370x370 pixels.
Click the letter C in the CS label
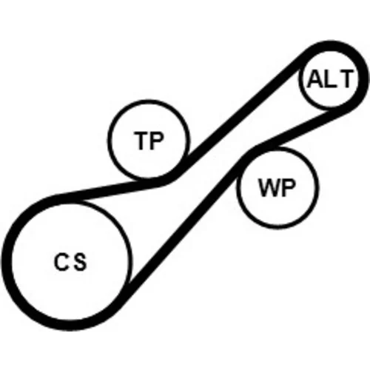(x=61, y=261)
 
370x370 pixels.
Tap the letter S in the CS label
(x=81, y=262)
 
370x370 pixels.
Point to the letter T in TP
(x=141, y=141)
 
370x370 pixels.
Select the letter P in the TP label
(x=156, y=141)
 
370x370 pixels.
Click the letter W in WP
(x=269, y=187)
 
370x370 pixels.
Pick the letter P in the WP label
(x=288, y=187)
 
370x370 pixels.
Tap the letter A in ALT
(x=315, y=79)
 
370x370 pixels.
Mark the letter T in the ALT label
(x=345, y=79)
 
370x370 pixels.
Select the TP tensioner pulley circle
(x=109, y=140)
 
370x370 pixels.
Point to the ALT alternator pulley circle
(x=300, y=79)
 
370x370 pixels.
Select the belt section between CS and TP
(x=111, y=189)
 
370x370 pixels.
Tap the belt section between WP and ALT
(x=296, y=129)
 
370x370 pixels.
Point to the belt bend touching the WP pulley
(x=249, y=154)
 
